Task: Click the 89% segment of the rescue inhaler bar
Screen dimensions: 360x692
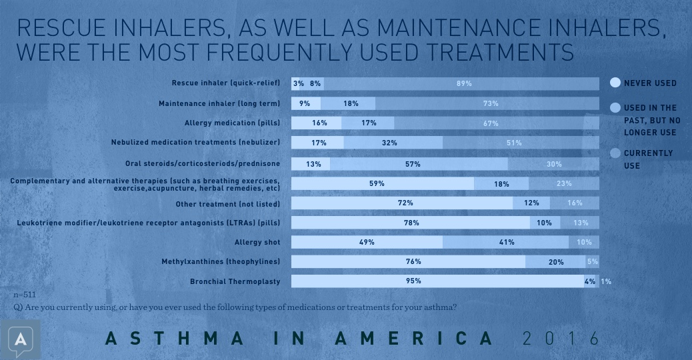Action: click(464, 83)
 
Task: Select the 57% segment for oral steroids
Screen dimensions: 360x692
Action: click(419, 163)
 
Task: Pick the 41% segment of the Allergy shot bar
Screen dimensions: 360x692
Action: click(506, 242)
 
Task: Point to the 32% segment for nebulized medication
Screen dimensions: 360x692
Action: click(393, 143)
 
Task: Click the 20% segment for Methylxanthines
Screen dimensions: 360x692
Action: click(555, 262)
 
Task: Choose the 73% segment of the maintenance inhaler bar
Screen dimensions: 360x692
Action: click(491, 103)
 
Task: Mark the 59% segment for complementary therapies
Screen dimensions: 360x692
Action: click(383, 183)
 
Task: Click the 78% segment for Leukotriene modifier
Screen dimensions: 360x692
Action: click(411, 223)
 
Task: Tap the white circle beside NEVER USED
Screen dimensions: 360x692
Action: click(615, 83)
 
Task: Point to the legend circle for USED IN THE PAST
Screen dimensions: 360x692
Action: click(615, 107)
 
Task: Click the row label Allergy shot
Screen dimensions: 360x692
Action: click(257, 242)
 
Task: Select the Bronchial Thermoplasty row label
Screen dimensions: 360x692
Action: click(235, 281)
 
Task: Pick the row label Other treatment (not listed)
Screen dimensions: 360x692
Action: click(227, 203)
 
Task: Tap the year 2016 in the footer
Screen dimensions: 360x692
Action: click(561, 338)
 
